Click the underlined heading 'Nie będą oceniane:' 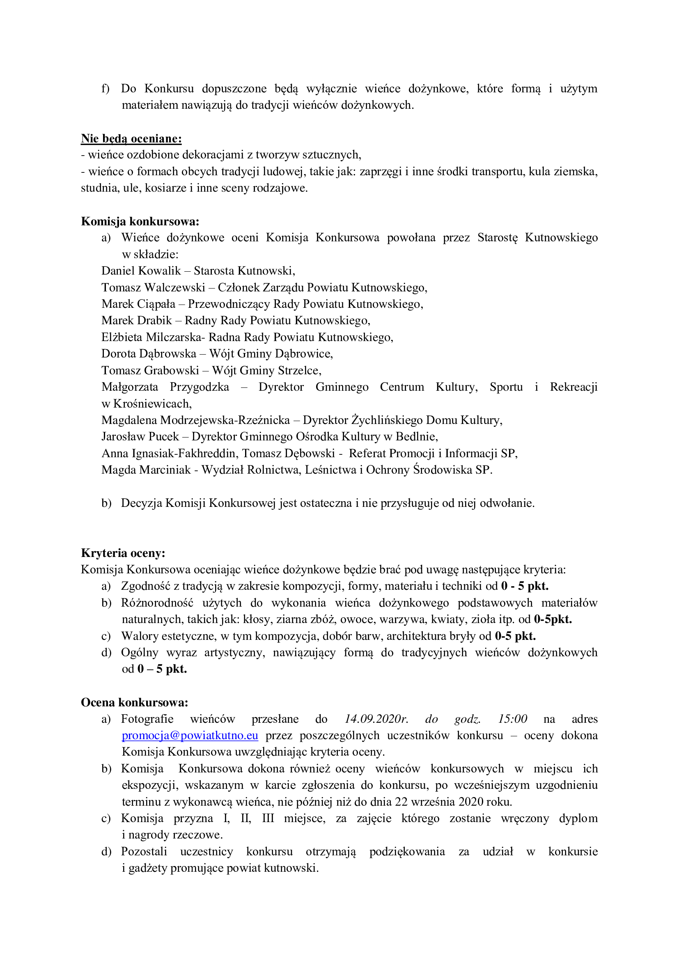(x=131, y=138)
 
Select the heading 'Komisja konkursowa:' (x=140, y=221)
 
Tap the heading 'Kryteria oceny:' (x=123, y=553)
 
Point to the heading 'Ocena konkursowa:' (x=135, y=702)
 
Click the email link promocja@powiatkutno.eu (x=190, y=735)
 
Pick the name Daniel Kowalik (x=141, y=271)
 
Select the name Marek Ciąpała (x=138, y=304)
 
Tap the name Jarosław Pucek (x=140, y=437)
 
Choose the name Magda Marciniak (x=146, y=470)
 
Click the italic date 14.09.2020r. (x=376, y=719)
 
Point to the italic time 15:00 (x=512, y=719)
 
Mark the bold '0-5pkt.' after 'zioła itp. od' (x=553, y=619)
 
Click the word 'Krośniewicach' (x=152, y=403)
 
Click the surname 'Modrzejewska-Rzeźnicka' (x=225, y=420)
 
